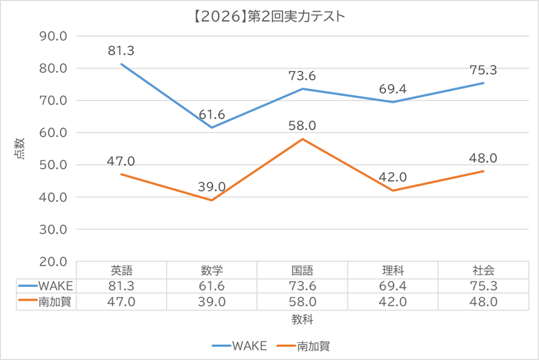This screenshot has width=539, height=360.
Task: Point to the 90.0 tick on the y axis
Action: pyautogui.click(x=52, y=36)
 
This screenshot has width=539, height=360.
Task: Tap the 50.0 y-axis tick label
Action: pyautogui.click(x=52, y=165)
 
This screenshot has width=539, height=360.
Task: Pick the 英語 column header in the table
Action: pyautogui.click(x=121, y=270)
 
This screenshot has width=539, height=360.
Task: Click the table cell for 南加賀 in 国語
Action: pyautogui.click(x=302, y=301)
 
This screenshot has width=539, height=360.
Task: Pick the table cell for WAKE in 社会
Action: pyautogui.click(x=482, y=286)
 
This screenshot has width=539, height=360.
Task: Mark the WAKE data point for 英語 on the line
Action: pyautogui.click(x=121, y=64)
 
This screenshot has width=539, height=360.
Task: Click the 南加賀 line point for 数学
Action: pyautogui.click(x=212, y=200)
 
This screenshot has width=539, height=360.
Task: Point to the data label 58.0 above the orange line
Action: pyautogui.click(x=302, y=127)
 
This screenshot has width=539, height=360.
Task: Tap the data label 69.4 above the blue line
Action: pyautogui.click(x=392, y=90)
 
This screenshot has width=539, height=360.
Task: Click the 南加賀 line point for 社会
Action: pyautogui.click(x=482, y=171)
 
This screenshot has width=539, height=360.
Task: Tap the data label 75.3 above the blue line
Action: pyautogui.click(x=482, y=70)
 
